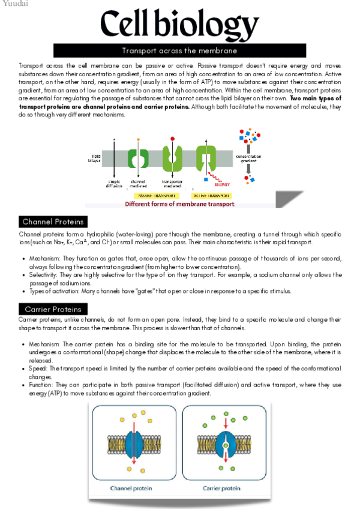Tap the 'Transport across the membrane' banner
tap(179, 51)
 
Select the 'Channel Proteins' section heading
tap(53, 222)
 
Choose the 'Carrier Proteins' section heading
tap(53, 310)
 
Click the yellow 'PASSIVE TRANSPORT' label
tap(157, 196)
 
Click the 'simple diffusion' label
tap(114, 183)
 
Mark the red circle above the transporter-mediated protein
tap(173, 138)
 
